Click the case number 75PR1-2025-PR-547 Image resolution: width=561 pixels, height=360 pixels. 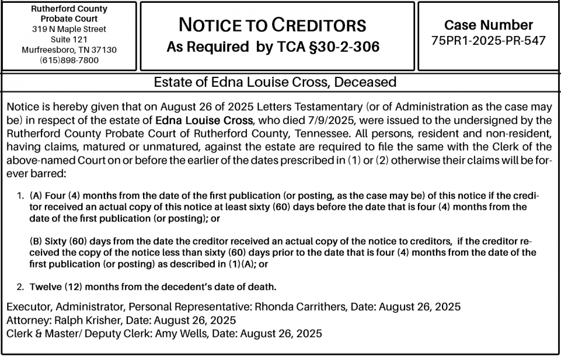[x=489, y=41]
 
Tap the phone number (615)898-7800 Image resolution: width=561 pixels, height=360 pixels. [x=69, y=60]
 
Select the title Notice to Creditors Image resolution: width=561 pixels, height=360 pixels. [x=272, y=25]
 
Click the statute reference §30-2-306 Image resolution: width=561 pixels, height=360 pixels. [x=341, y=48]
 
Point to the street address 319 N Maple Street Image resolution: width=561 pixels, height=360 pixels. [x=69, y=29]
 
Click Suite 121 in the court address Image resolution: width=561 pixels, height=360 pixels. [x=69, y=39]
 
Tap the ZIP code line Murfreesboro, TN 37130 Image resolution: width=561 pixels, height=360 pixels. [x=69, y=50]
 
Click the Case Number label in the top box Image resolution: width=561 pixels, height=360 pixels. [x=489, y=25]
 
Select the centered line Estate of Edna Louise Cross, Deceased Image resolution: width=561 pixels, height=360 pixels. [x=275, y=82]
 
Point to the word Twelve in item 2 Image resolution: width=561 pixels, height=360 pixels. [x=44, y=288]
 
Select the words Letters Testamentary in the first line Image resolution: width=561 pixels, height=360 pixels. [x=305, y=106]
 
